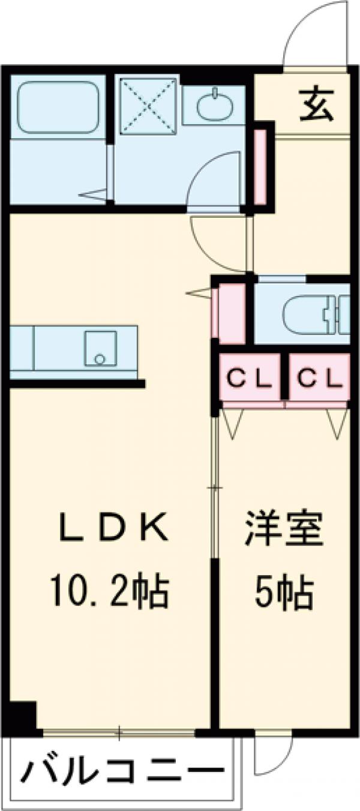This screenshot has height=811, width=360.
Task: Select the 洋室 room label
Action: tap(284, 529)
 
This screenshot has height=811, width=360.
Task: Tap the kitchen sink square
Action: tap(100, 348)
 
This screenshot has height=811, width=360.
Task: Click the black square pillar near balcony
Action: tap(23, 714)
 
